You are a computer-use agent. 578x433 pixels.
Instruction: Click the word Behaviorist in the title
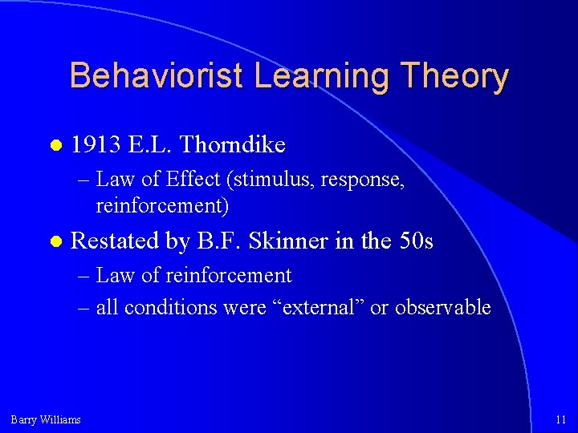156,77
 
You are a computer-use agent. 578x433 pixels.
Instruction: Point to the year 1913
96,144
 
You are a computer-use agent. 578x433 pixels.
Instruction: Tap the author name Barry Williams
46,419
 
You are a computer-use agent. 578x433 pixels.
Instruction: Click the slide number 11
560,419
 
